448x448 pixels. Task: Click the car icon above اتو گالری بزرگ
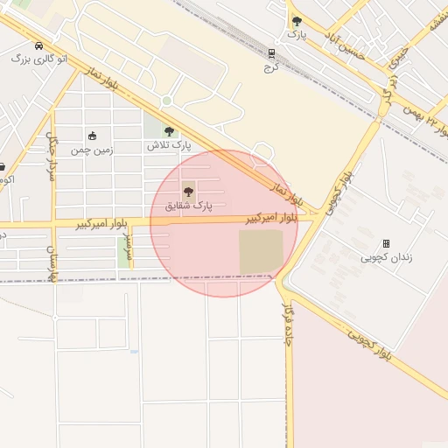[x=38, y=45]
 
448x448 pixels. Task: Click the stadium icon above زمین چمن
[x=92, y=136]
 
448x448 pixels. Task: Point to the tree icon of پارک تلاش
[x=169, y=131]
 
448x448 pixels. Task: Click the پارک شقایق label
[x=188, y=206]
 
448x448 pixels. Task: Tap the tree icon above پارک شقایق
[x=188, y=192]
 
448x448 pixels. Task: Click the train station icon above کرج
[x=271, y=52]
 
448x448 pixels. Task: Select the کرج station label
[x=271, y=66]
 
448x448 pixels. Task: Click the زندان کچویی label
[x=386, y=257]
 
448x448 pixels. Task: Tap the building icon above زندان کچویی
[x=386, y=243]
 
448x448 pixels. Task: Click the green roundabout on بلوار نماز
[x=166, y=101]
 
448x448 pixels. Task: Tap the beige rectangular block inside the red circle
[x=261, y=252]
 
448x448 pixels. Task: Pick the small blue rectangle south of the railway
[x=133, y=352]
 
